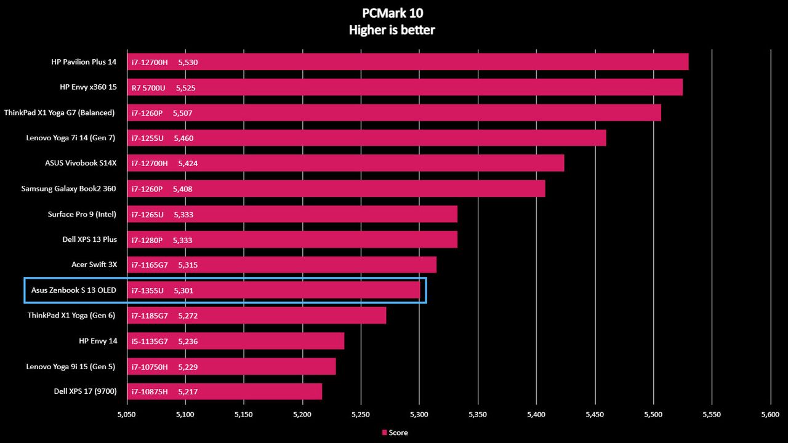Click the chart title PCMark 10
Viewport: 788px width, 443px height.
click(392, 13)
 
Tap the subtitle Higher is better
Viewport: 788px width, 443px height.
click(392, 30)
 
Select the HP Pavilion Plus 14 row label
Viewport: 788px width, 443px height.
click(84, 62)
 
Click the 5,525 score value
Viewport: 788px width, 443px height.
click(185, 88)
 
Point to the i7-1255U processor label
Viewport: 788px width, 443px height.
click(147, 138)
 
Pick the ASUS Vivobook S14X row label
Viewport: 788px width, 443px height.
click(81, 163)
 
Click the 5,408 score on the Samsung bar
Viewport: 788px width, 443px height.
click(183, 189)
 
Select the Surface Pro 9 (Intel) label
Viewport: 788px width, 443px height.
click(82, 214)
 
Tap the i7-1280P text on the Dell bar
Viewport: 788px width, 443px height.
click(147, 240)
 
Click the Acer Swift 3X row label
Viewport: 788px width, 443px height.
click(94, 265)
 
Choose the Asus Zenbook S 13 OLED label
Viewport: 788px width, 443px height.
click(73, 290)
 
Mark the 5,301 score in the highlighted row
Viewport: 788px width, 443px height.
click(183, 290)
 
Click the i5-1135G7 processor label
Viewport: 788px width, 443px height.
click(150, 341)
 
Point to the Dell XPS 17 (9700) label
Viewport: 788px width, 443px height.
click(85, 391)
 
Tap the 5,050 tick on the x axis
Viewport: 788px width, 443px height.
click(126, 415)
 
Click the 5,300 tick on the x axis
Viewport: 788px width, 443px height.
click(419, 415)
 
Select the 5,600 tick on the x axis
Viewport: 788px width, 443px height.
click(770, 415)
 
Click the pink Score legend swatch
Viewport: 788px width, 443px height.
click(385, 433)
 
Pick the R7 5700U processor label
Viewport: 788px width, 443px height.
click(148, 88)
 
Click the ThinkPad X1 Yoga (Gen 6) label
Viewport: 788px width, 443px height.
click(71, 316)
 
